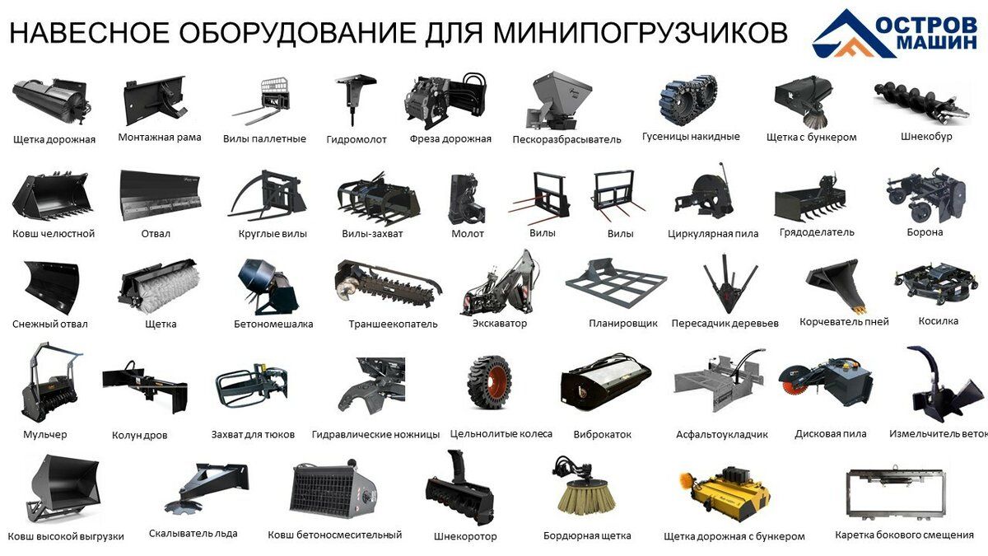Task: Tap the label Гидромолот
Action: [x=357, y=140]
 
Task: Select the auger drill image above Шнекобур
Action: [x=922, y=103]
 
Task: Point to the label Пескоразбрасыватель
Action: [x=566, y=140]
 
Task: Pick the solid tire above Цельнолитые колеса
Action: [x=489, y=381]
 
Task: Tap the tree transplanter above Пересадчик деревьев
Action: [x=730, y=283]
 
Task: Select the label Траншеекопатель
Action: [x=393, y=325]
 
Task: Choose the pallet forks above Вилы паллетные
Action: [x=263, y=101]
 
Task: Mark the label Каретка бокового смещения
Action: [x=904, y=535]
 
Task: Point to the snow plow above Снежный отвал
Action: [x=52, y=287]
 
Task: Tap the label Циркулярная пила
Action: [x=713, y=234]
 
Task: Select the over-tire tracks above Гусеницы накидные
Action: [x=688, y=100]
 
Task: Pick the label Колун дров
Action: [x=139, y=436]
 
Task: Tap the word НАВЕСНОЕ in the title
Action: [x=89, y=32]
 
